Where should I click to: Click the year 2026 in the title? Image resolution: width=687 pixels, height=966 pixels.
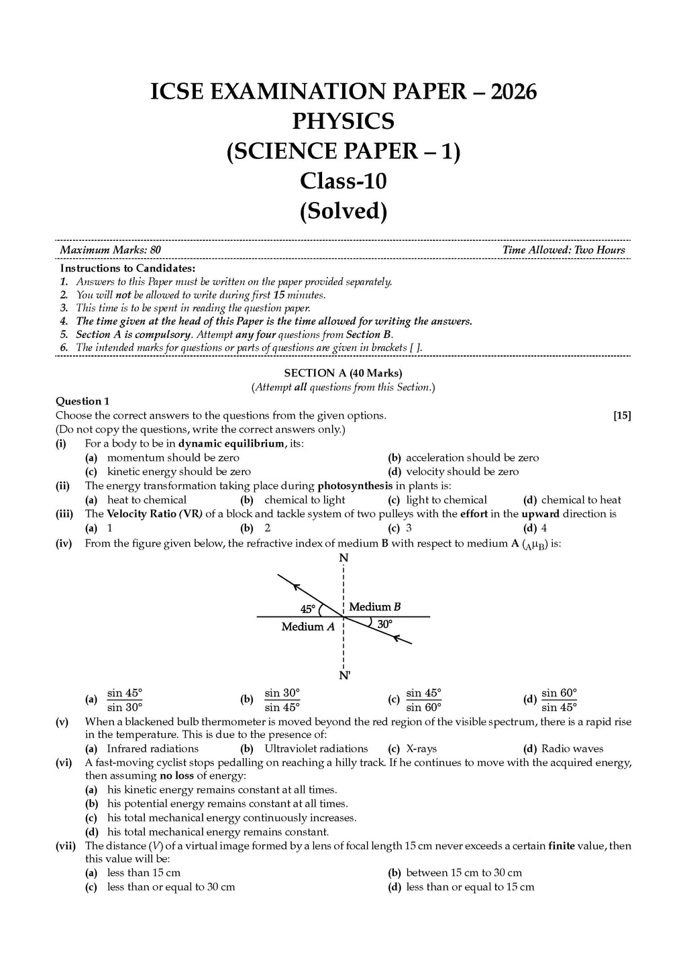click(x=514, y=91)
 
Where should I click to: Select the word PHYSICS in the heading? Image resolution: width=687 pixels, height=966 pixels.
click(x=343, y=121)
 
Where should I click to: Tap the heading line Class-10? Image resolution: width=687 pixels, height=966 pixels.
click(x=343, y=181)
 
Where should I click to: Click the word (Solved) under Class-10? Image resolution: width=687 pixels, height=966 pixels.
click(x=343, y=211)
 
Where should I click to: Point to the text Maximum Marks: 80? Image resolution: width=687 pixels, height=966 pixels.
click(x=110, y=250)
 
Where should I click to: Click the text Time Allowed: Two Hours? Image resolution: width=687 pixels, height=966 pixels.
click(x=564, y=250)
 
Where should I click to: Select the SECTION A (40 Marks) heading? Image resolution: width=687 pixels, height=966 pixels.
click(x=343, y=373)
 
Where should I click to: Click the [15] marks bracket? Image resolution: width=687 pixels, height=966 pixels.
click(x=622, y=415)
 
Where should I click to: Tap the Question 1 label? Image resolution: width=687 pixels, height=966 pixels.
click(x=83, y=401)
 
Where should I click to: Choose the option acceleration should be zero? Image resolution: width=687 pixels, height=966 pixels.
click(x=472, y=458)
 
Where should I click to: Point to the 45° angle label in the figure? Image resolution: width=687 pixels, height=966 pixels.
click(x=307, y=609)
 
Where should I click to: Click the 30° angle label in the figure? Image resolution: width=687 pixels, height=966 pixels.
click(x=384, y=624)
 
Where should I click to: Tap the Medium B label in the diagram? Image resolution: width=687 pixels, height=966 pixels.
click(x=374, y=607)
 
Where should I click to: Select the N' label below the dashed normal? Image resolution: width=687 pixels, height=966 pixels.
click(x=344, y=676)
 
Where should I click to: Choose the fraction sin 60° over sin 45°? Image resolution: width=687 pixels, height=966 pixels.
click(x=559, y=700)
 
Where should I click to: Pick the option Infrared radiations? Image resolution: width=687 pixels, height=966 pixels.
click(x=152, y=749)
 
